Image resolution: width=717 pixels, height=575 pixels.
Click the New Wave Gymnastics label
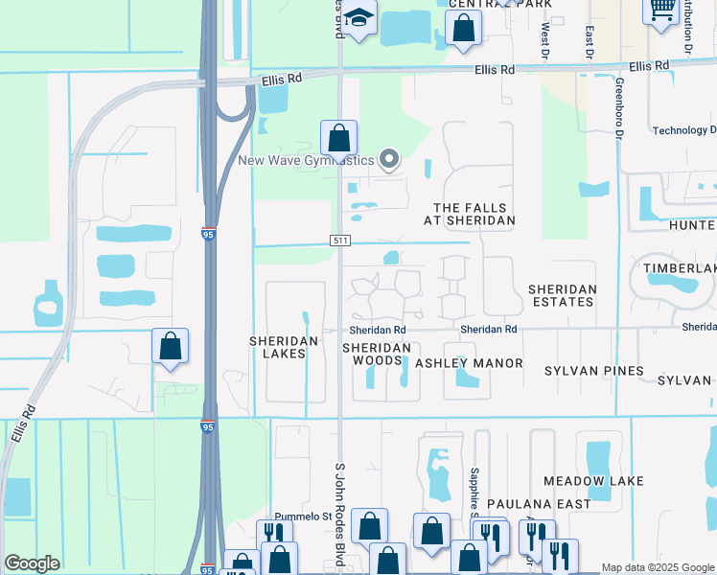[x=306, y=160]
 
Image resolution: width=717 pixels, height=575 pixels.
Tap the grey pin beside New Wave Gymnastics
[x=389, y=159]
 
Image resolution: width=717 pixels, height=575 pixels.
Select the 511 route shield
[x=340, y=240]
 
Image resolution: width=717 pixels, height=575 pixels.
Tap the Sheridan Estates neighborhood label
[x=562, y=295]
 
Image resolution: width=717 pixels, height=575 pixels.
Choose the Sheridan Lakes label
[x=277, y=347]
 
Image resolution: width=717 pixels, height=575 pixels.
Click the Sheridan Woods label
[x=377, y=355]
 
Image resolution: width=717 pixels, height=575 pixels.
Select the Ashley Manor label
[x=469, y=363]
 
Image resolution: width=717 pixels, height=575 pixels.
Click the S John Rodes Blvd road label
[x=338, y=516]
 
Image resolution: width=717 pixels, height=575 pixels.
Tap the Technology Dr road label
[x=683, y=130]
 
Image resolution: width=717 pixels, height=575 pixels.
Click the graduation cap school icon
[x=360, y=18]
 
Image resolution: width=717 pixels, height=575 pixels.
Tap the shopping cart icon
[x=660, y=11]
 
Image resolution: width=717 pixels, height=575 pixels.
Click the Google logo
[x=32, y=563]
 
